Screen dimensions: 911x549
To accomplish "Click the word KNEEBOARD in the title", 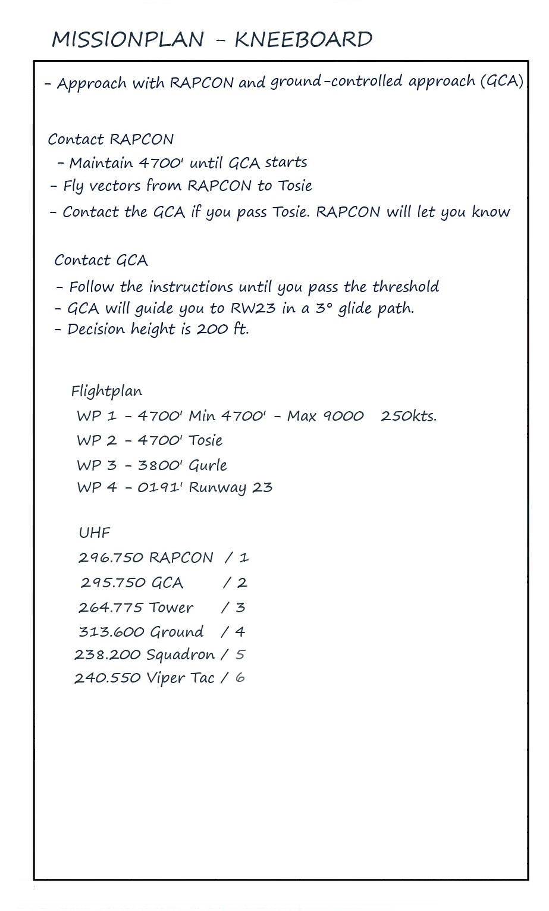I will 303,40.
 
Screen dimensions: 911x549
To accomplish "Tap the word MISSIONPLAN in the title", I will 128,40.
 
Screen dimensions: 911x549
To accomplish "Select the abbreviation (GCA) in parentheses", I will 502,81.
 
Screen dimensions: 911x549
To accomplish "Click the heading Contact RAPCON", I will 111,139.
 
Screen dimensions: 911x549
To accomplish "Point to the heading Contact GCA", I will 101,260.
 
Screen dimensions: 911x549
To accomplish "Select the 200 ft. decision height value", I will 222,329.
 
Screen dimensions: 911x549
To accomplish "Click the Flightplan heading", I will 106,391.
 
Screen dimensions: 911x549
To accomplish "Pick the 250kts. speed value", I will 408,416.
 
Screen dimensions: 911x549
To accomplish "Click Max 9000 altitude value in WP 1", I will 325,416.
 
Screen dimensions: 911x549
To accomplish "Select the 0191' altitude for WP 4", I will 160,488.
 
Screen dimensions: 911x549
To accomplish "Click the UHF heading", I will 94,533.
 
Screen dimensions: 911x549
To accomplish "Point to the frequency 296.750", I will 111,558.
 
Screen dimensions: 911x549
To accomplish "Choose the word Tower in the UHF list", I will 171,608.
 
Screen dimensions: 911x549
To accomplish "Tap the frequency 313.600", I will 111,631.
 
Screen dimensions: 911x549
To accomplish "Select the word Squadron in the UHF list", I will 180,655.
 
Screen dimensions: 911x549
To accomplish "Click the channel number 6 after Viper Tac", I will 240,678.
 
